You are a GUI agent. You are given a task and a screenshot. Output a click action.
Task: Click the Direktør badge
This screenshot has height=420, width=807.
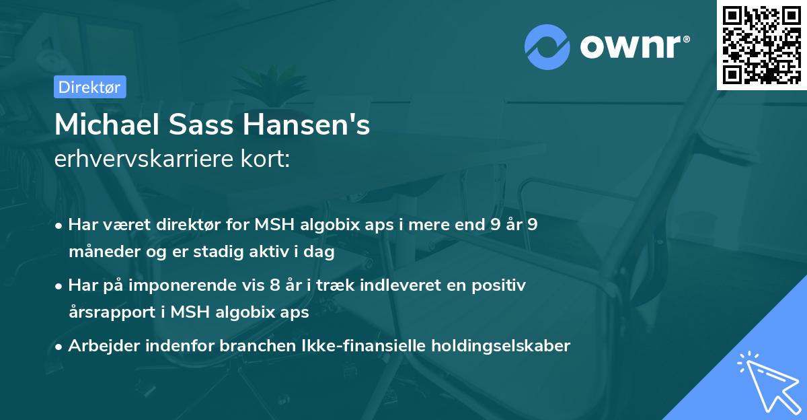[89, 87]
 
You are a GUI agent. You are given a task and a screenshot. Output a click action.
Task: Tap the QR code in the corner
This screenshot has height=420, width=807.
[761, 44]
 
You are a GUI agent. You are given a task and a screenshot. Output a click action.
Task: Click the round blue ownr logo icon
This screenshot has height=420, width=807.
[547, 47]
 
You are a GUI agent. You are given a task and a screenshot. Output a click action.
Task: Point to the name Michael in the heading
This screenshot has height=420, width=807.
[102, 125]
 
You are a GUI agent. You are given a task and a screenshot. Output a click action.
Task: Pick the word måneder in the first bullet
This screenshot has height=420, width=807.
[99, 252]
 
